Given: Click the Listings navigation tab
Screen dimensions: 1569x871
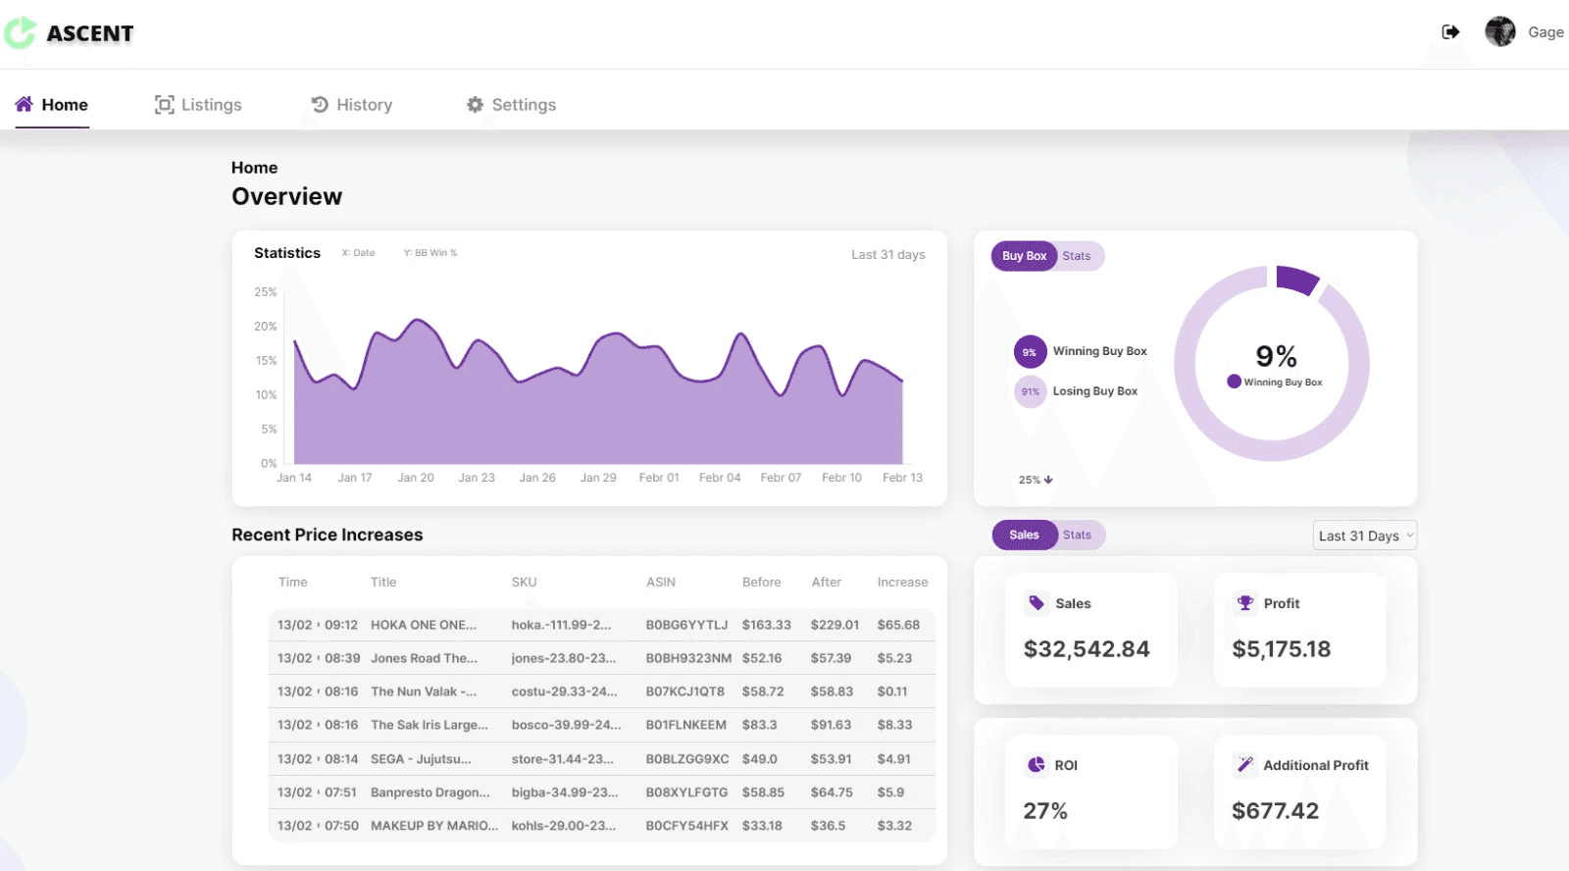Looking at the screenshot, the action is [x=198, y=104].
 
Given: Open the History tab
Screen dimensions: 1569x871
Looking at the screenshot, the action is [x=352, y=104].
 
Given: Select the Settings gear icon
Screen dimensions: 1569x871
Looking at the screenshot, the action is [x=475, y=104].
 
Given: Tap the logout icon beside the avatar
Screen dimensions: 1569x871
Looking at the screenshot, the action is [x=1450, y=31].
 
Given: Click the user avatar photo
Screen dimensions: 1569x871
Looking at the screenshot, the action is [x=1499, y=31].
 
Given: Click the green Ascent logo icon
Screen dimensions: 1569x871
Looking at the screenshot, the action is [x=20, y=32].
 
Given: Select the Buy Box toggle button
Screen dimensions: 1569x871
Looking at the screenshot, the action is [x=1024, y=256].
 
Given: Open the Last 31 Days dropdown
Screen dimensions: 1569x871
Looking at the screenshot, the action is [x=1364, y=536].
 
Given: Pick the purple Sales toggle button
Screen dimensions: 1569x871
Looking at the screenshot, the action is [x=1024, y=535].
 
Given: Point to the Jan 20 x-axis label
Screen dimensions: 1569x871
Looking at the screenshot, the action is [x=416, y=478].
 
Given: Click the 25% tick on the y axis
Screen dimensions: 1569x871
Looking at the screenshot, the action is [x=266, y=291].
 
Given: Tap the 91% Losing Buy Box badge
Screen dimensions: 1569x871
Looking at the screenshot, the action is [x=1030, y=391].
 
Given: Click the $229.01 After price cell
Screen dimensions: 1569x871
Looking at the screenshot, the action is [x=835, y=625].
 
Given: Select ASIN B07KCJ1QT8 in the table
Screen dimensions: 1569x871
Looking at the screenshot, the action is [x=684, y=691].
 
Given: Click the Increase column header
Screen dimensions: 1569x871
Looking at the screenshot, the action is [x=902, y=582].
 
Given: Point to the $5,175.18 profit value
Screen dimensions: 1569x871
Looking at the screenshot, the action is [x=1281, y=649].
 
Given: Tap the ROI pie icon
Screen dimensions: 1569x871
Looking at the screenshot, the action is [x=1036, y=764].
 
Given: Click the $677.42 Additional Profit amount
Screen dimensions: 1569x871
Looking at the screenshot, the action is [x=1275, y=811].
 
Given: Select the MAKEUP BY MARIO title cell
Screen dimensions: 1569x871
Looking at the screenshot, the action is [x=434, y=826].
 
